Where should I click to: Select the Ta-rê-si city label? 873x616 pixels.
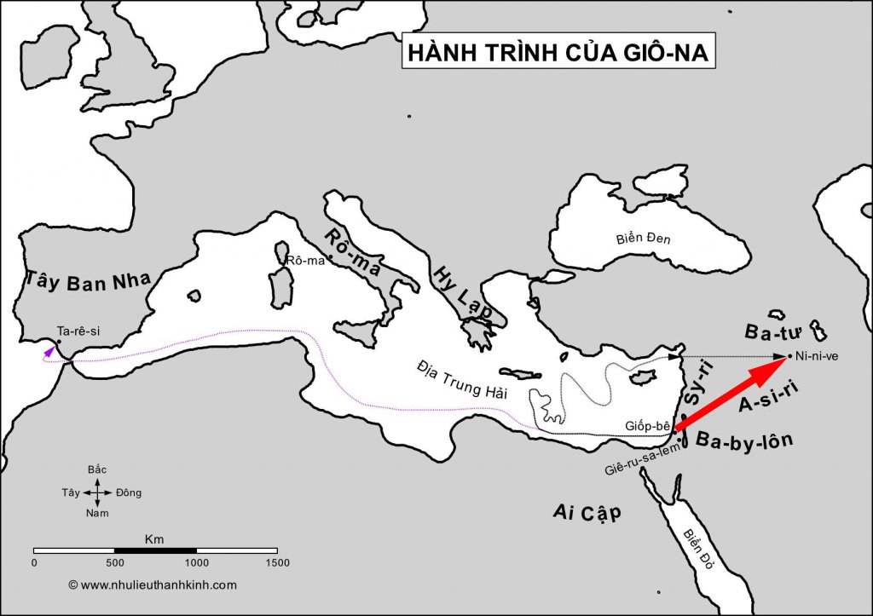point(78,331)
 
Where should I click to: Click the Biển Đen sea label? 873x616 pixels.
point(643,239)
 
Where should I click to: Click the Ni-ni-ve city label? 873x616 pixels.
point(817,356)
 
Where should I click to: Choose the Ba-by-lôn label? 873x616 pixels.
point(744,440)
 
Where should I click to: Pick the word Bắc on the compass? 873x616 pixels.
point(98,470)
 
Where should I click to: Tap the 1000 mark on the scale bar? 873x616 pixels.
point(197,562)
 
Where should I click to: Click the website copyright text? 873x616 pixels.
point(153,585)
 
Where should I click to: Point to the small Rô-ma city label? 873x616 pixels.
point(307,260)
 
